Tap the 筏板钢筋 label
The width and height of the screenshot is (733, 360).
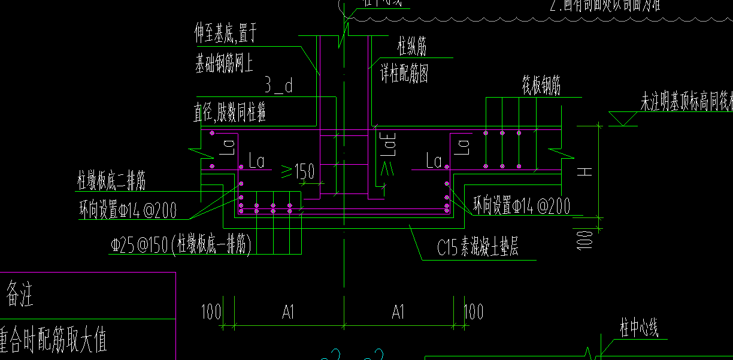click(x=541, y=87)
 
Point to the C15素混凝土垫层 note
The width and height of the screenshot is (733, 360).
click(x=477, y=248)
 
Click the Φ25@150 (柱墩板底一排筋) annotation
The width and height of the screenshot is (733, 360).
click(x=180, y=245)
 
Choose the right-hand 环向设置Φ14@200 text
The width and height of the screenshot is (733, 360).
click(x=521, y=205)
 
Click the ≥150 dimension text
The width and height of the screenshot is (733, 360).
click(x=298, y=173)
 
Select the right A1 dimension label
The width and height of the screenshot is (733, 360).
click(x=398, y=312)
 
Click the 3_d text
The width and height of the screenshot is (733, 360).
click(x=278, y=87)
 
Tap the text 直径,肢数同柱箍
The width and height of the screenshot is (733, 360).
click(x=230, y=113)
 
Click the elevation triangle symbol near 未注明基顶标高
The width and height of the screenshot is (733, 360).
click(x=623, y=118)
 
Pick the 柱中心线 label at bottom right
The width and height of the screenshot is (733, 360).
click(x=639, y=328)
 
